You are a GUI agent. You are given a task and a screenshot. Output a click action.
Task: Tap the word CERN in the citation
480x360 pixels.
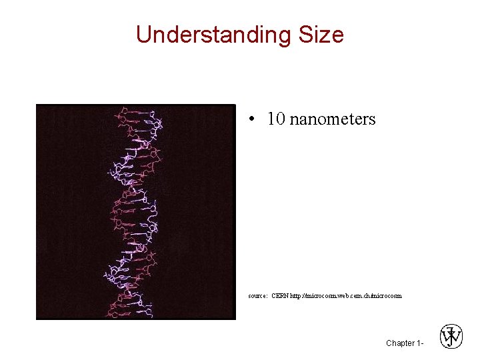coord(280,295)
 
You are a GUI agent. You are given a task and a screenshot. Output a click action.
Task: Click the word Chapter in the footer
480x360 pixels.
coord(399,343)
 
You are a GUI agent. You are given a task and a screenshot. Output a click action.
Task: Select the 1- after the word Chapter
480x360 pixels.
coord(419,343)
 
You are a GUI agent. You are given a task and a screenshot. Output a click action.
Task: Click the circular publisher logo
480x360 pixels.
coord(451,337)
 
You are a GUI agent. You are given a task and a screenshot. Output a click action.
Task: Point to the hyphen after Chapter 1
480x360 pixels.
coord(422,344)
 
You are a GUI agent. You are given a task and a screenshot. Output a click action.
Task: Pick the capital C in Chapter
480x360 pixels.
coord(389,343)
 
